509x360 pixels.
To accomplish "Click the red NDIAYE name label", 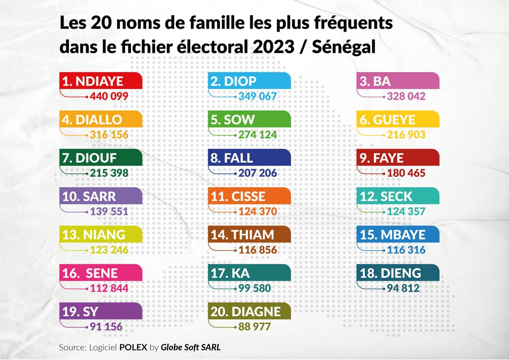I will (x=101, y=81).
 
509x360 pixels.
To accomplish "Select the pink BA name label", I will (x=399, y=81).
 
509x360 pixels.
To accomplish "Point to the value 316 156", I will (x=108, y=135).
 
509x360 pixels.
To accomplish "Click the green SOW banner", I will (x=250, y=120).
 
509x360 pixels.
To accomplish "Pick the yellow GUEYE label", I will (x=399, y=120).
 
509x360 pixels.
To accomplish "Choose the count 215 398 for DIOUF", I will (x=108, y=173).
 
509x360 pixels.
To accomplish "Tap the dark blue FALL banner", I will (x=250, y=158).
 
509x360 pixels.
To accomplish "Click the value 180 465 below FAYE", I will (x=406, y=173).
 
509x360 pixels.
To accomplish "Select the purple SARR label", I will (x=101, y=196).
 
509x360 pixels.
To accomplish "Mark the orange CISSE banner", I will (x=250, y=196).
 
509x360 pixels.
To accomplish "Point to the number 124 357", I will (x=406, y=212).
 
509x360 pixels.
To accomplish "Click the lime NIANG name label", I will (x=101, y=235).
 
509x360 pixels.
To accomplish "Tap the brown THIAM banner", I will (x=250, y=235).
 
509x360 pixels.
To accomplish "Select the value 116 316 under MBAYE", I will (x=406, y=250).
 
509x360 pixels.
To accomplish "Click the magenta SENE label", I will (x=101, y=273).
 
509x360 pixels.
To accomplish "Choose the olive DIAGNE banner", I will (x=250, y=311).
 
